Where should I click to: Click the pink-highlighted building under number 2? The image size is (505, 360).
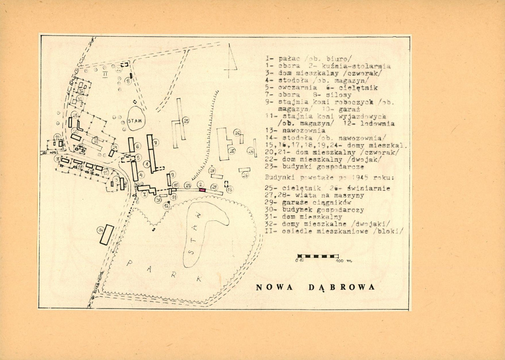(x=202, y=191)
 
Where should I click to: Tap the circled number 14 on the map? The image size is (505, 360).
(x=100, y=230)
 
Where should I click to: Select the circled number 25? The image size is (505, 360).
(x=186, y=121)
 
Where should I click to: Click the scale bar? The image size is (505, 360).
(x=318, y=256)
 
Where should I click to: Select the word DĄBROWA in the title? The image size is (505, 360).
(x=342, y=287)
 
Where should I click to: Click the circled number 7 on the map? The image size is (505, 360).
(x=155, y=142)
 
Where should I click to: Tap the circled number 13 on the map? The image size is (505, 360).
(x=230, y=190)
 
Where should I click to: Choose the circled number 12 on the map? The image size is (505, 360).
(x=166, y=205)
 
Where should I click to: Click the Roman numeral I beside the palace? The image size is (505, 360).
(x=144, y=194)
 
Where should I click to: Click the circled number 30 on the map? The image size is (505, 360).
(x=158, y=200)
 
